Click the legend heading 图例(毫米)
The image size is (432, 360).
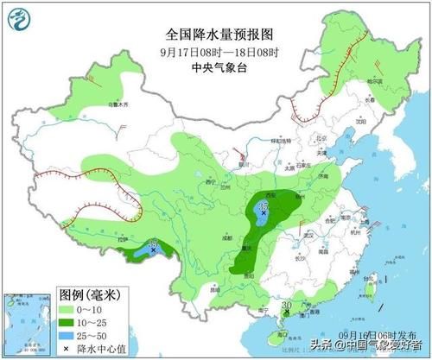(90, 294)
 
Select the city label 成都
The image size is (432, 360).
(226, 234)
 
